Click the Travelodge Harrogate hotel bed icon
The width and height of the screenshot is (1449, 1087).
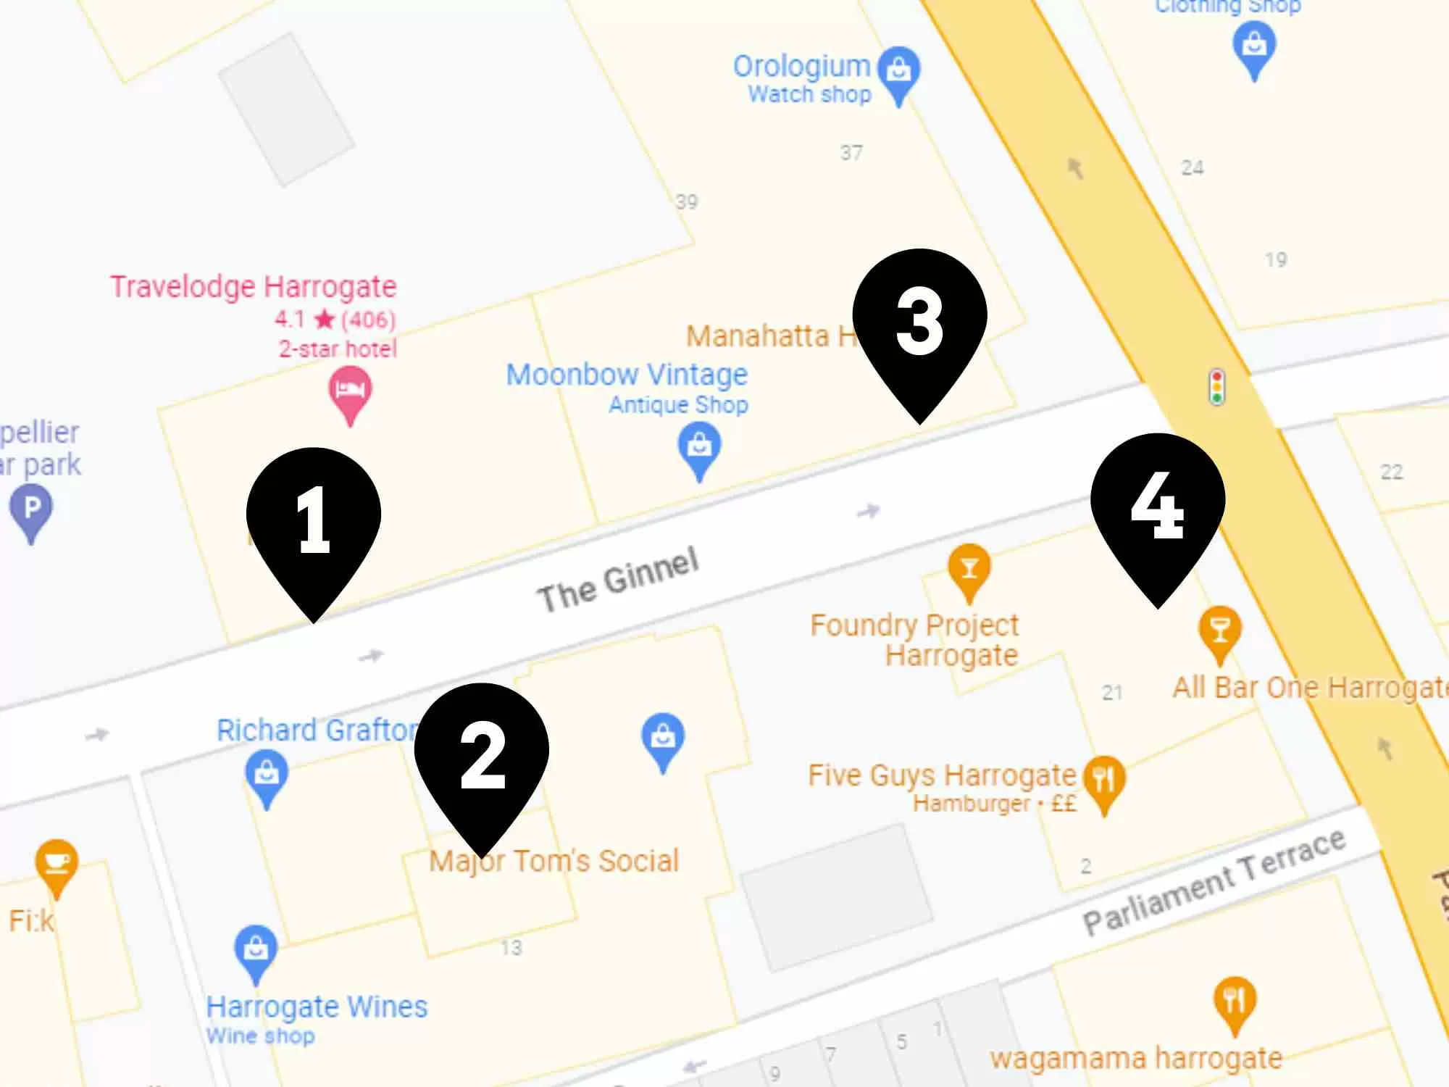[350, 392]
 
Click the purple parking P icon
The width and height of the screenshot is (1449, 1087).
[31, 509]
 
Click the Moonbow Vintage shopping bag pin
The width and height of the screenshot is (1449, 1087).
[699, 446]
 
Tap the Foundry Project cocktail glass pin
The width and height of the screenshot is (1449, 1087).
[969, 569]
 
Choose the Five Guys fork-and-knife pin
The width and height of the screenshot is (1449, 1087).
[1103, 780]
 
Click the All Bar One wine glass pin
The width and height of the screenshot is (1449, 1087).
[1220, 631]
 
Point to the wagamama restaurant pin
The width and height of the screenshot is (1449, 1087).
[1235, 1001]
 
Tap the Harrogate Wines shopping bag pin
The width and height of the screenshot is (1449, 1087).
[255, 949]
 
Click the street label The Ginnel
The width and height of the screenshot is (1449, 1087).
[618, 580]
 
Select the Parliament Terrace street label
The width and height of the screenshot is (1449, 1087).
[1214, 880]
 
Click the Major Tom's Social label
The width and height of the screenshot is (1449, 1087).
[554, 861]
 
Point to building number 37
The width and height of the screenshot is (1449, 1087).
[851, 153]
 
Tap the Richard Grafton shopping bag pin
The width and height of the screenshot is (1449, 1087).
[267, 775]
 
